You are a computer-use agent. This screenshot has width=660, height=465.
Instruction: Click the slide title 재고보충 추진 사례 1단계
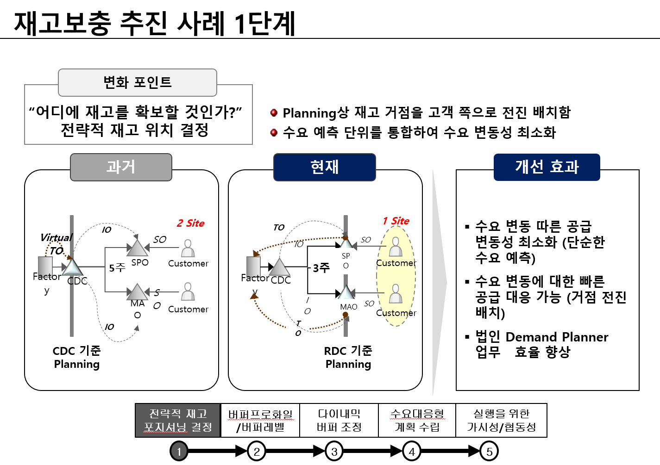tap(155, 23)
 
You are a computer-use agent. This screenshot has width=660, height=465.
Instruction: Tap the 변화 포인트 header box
tap(138, 82)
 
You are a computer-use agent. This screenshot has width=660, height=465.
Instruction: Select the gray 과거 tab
tap(121, 167)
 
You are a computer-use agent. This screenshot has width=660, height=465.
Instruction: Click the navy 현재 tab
tap(324, 167)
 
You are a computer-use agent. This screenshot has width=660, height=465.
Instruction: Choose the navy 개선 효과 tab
tap(547, 167)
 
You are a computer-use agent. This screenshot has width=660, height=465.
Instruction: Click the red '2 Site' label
tap(190, 223)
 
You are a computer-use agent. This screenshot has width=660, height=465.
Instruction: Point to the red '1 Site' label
tap(396, 221)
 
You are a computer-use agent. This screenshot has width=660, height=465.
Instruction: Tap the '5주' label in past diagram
tap(117, 267)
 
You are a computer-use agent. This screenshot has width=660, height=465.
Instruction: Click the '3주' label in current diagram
tap(321, 267)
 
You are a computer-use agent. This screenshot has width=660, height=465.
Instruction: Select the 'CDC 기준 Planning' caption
tap(77, 357)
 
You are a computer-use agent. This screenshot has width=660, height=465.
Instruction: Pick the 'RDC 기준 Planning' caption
tap(348, 357)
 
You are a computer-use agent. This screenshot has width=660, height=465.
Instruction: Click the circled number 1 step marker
tap(179, 451)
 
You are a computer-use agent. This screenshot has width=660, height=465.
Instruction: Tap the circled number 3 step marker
tap(334, 451)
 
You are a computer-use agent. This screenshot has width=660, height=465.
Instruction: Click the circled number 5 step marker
tap(489, 451)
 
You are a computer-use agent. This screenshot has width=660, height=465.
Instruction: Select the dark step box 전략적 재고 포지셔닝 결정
tap(178, 420)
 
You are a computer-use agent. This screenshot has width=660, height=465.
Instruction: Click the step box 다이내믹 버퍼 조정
tap(339, 420)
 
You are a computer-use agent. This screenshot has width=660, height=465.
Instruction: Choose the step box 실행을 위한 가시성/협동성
tap(501, 420)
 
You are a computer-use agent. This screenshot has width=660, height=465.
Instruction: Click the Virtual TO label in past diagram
tap(56, 243)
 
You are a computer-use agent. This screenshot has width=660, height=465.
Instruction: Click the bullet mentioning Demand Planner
tap(541, 344)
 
